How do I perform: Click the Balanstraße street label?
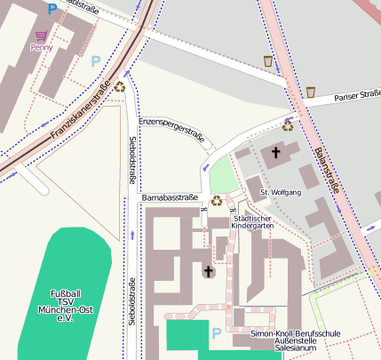point(326,173)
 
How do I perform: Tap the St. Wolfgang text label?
point(281,192)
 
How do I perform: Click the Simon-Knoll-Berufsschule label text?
point(296,340)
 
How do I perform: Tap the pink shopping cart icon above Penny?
point(41,36)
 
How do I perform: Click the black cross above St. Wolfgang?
point(275,154)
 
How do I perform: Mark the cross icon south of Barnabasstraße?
point(209,271)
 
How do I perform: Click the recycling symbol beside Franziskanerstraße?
point(119,86)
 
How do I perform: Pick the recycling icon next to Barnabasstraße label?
point(216,200)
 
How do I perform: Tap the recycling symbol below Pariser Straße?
point(287,125)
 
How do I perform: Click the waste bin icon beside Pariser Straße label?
point(311,92)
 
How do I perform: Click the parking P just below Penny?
point(96,61)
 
